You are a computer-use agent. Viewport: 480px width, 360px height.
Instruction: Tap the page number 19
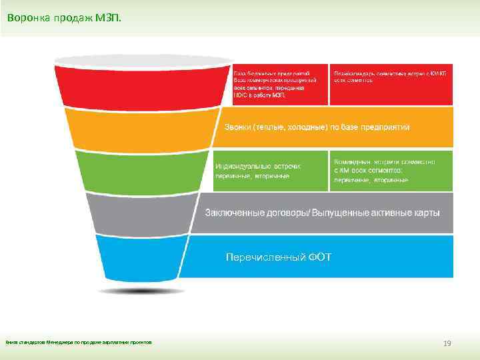[447, 343]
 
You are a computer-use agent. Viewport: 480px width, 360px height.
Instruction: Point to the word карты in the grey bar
[426, 213]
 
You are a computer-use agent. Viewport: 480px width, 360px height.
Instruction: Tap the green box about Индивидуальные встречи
[270, 171]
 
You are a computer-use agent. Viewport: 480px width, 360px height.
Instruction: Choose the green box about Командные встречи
[391, 171]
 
